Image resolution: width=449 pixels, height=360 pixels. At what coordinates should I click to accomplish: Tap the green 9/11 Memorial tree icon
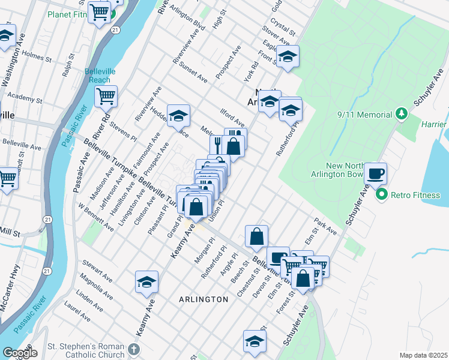click(402, 114)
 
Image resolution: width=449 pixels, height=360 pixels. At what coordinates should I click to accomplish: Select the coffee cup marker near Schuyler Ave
click(376, 174)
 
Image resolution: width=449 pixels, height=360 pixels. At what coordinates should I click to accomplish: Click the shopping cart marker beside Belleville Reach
click(106, 96)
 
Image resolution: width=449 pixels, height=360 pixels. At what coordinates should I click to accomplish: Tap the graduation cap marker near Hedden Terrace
click(178, 115)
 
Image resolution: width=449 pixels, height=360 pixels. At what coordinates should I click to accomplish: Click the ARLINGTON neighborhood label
click(203, 299)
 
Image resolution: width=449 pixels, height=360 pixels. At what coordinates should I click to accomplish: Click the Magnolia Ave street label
click(95, 287)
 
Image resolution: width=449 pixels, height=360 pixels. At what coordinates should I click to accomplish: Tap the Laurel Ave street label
click(77, 312)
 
